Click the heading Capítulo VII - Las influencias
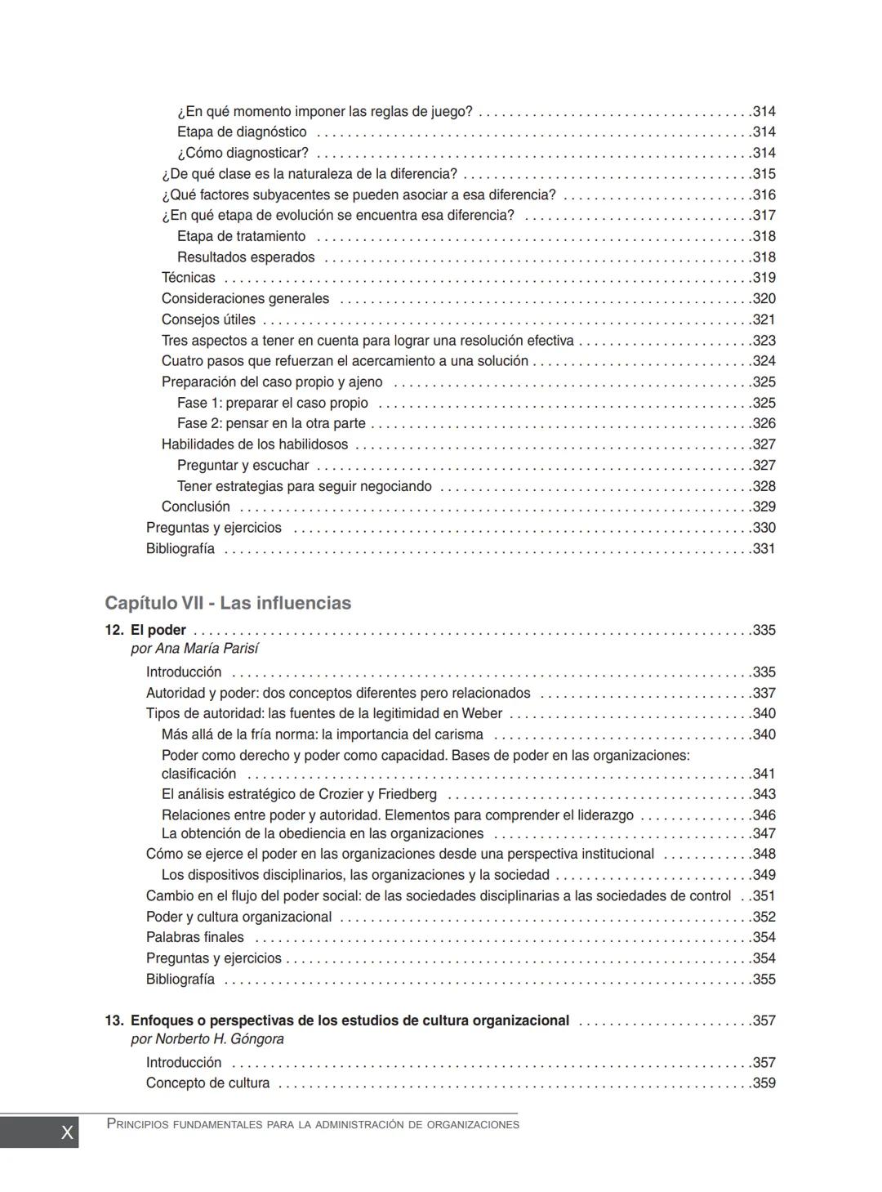(x=228, y=603)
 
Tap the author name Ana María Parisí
(x=207, y=649)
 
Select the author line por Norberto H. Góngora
(x=207, y=1039)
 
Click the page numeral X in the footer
(x=67, y=1132)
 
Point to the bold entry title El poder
(x=158, y=630)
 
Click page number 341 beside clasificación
(x=764, y=774)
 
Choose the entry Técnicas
(x=188, y=278)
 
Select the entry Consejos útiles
(x=208, y=319)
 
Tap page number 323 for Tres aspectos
(x=764, y=341)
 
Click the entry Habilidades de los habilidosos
(x=254, y=444)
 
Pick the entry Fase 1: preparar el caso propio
(x=272, y=403)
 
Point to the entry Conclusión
(x=195, y=507)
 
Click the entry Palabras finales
(x=194, y=937)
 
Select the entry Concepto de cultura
(x=207, y=1083)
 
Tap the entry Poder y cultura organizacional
(x=238, y=917)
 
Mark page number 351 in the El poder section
(x=764, y=895)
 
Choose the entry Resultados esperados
(x=245, y=257)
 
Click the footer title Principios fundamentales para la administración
(x=313, y=1125)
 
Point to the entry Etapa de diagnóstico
(x=242, y=132)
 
